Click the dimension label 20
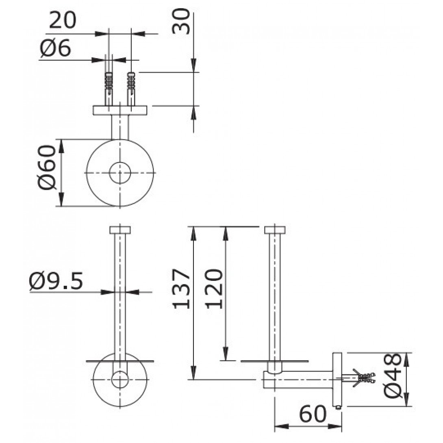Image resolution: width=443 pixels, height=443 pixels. tap(63, 20)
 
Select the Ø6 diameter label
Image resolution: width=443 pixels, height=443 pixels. tap(55, 48)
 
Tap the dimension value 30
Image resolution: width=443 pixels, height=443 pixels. tap(181, 21)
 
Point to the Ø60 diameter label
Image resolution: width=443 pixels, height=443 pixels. tap(47, 167)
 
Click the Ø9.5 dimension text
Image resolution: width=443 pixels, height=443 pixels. tap(56, 281)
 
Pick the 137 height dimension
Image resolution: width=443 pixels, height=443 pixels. tap(181, 289)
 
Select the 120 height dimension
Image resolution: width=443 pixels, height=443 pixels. tap(214, 289)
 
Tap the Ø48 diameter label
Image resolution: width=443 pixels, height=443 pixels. tap(393, 375)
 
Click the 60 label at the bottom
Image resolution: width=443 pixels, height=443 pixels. tap(313, 414)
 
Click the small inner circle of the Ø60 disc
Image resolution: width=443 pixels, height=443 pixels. tap(120, 173)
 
